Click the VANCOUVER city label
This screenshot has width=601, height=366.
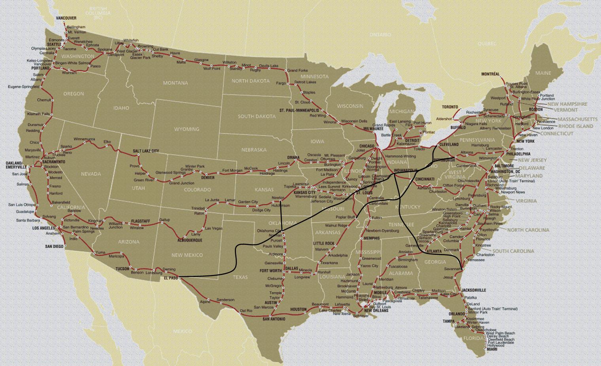(66, 18)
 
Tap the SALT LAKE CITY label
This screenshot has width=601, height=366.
(146, 151)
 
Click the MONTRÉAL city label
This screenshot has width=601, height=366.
(490, 74)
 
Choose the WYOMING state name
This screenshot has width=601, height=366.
(187, 129)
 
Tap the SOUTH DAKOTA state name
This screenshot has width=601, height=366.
(257, 116)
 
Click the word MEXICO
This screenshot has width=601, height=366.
(182, 331)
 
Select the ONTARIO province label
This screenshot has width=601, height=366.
(380, 35)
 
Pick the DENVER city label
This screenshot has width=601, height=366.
(207, 178)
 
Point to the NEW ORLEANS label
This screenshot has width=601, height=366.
(376, 311)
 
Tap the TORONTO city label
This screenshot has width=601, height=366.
(450, 107)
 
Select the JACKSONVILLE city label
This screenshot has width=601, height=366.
(474, 290)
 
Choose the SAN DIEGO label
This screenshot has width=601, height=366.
(54, 247)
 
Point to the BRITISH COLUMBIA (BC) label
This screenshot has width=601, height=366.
(101, 13)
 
